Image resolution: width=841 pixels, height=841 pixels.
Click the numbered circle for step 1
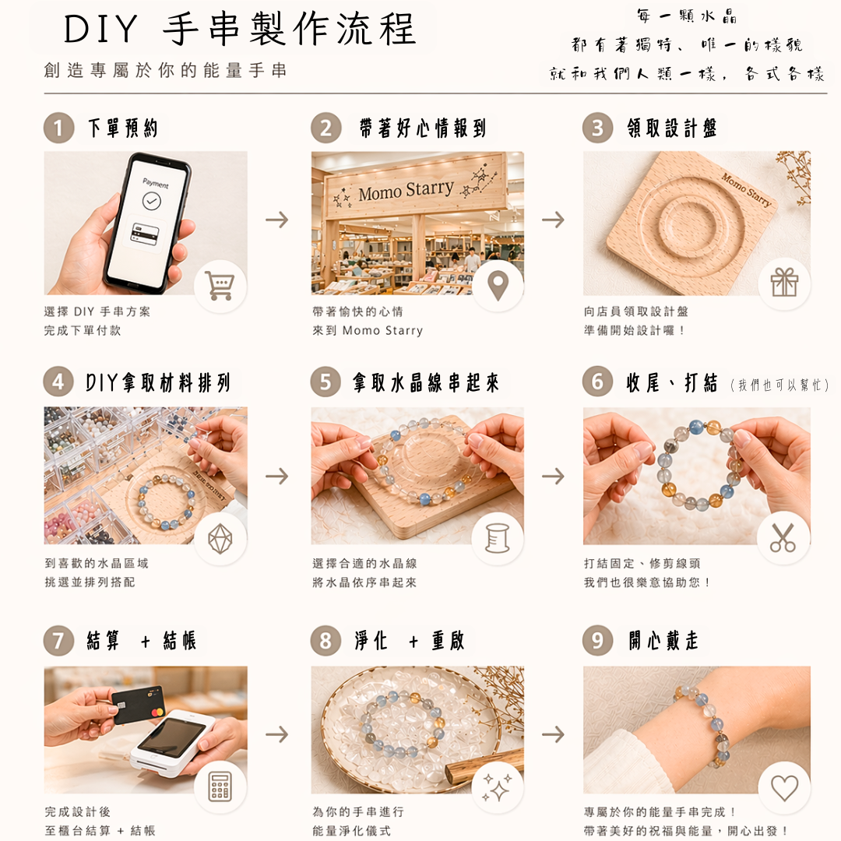tap(58, 128)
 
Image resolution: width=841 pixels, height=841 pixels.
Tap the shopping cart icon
tap(220, 286)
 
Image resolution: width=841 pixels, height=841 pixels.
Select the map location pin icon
tap(498, 286)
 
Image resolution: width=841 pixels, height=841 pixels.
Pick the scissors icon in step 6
tap(783, 538)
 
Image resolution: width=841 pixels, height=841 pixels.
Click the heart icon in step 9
tap(783, 787)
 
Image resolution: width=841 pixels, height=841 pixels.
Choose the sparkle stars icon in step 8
tap(497, 787)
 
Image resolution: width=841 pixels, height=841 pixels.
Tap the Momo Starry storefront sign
tap(405, 189)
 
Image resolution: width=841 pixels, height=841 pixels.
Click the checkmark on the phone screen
tap(152, 202)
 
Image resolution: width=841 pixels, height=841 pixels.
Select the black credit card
tap(138, 704)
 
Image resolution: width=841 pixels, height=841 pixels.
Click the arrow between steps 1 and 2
tap(276, 220)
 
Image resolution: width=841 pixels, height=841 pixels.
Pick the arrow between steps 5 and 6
tap(553, 476)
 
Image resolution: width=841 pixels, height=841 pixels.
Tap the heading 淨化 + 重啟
tap(409, 641)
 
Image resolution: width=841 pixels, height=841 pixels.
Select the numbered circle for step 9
tap(597, 641)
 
